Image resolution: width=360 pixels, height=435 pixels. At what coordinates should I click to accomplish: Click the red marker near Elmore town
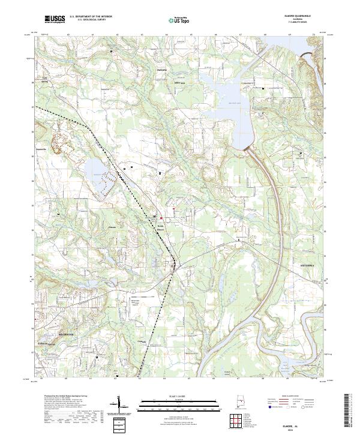point(174,209)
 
